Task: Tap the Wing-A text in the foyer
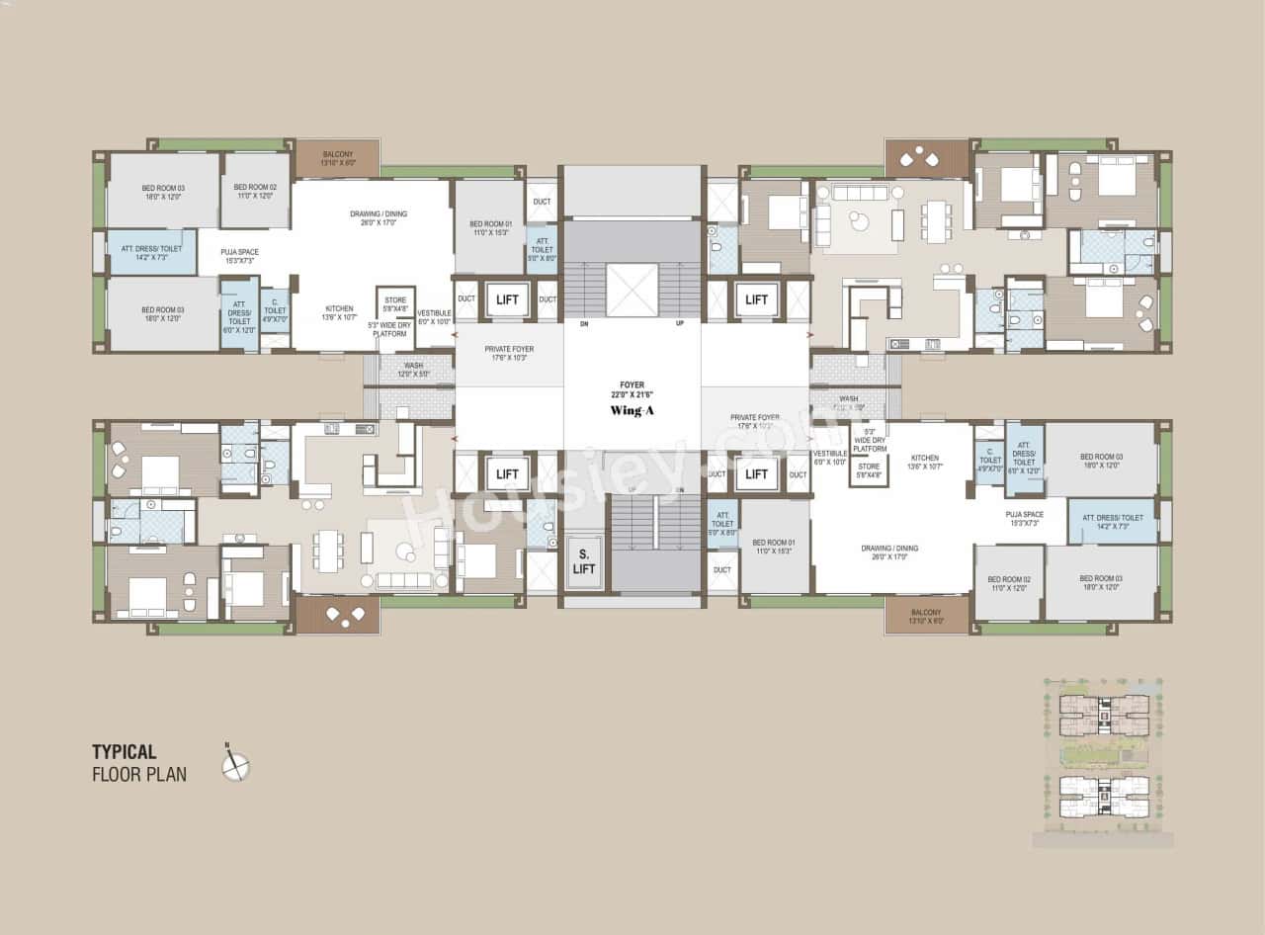point(632,410)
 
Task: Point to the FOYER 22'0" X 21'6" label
point(632,390)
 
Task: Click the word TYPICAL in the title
point(125,752)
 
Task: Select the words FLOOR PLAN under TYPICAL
point(139,774)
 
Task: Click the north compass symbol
point(235,765)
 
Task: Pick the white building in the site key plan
point(1104,797)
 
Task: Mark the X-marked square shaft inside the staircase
point(632,290)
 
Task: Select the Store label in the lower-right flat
point(869,470)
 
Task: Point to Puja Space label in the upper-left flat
point(240,256)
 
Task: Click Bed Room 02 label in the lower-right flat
point(1009,582)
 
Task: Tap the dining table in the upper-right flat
point(936,221)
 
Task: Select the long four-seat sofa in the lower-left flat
point(406,581)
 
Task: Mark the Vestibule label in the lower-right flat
point(830,458)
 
